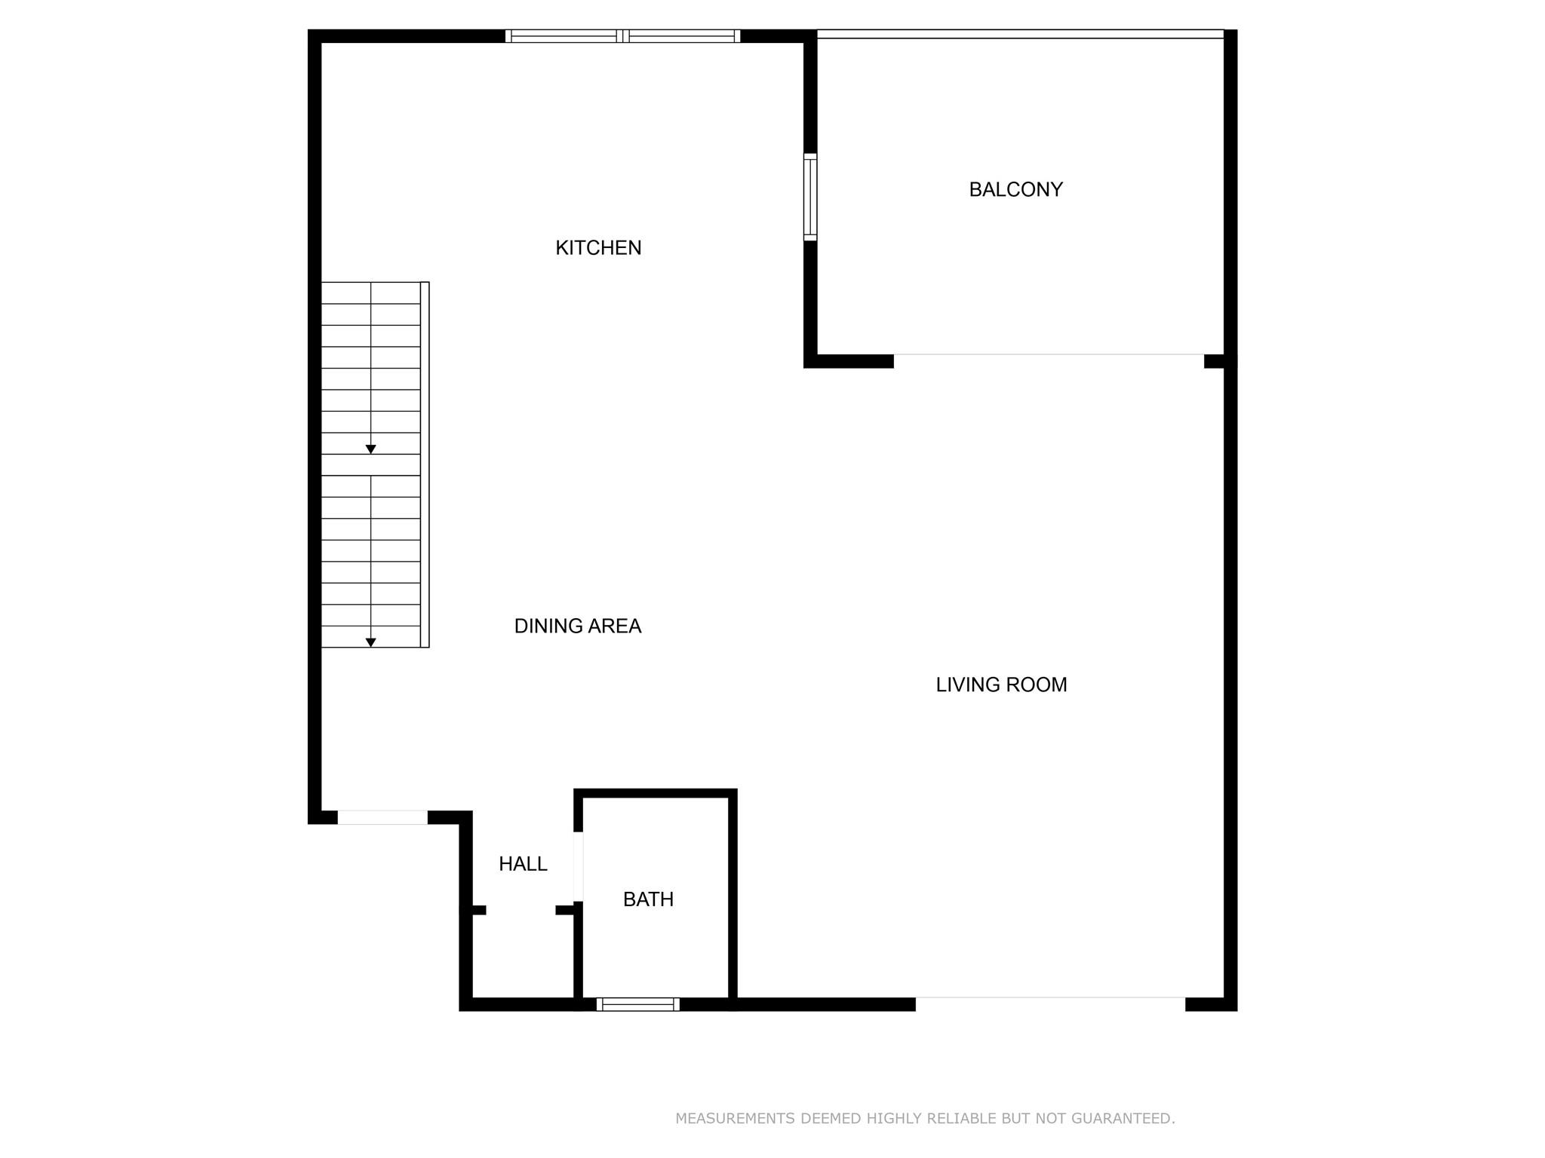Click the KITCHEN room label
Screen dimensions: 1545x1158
coord(598,248)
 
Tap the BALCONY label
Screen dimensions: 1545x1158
coord(1015,189)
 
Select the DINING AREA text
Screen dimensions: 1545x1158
coord(577,626)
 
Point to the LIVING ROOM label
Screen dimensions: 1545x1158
coord(1001,685)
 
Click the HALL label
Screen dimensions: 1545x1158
coord(523,864)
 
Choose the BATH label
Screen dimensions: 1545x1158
coord(648,899)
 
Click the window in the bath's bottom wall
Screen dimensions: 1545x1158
coord(637,1004)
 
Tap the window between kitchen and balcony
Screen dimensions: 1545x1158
coord(810,197)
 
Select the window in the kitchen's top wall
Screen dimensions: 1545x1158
coord(622,36)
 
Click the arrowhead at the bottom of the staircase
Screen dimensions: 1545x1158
coord(370,642)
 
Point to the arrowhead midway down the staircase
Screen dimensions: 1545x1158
coord(370,449)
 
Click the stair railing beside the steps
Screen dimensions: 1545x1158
coord(425,464)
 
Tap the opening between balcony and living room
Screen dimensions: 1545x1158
coord(1049,355)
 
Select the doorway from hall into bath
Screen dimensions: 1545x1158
coord(579,866)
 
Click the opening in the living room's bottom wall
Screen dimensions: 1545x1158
coord(1050,998)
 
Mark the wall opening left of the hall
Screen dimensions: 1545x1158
coord(382,817)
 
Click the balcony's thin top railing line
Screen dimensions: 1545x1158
coord(1020,34)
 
